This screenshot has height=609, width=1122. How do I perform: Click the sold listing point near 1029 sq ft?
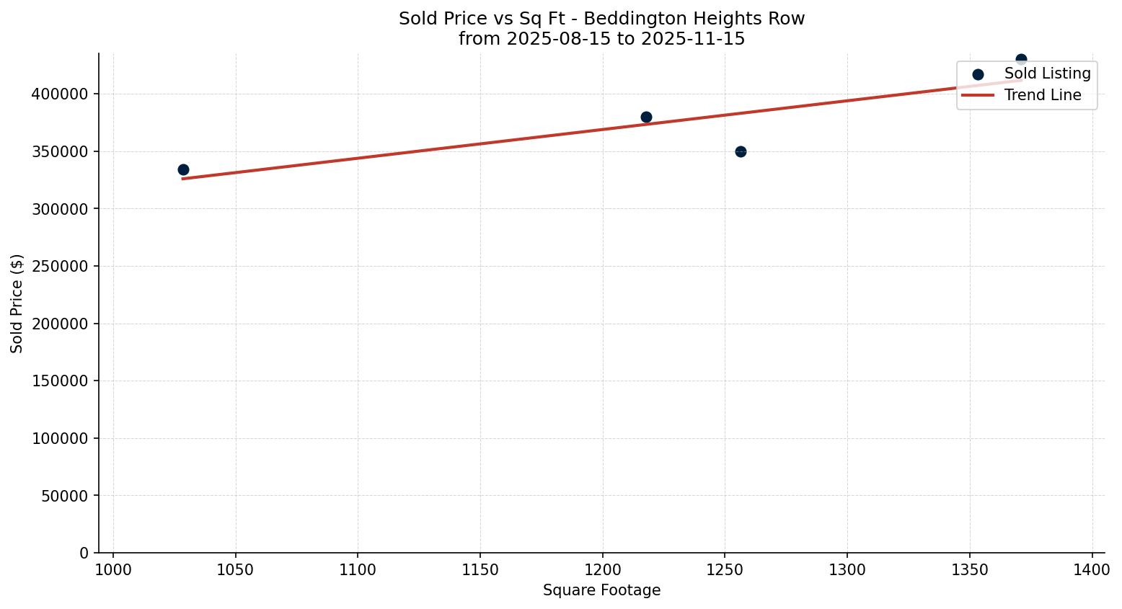click(x=183, y=170)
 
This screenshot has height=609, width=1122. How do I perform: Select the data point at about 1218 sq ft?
click(x=646, y=117)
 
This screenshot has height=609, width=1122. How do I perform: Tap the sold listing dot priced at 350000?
click(x=741, y=151)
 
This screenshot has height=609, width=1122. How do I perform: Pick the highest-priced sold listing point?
click(x=1021, y=60)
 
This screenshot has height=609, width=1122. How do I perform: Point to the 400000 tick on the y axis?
click(x=60, y=94)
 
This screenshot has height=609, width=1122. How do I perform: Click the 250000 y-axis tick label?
click(x=60, y=267)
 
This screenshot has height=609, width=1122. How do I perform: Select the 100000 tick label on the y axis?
click(x=60, y=439)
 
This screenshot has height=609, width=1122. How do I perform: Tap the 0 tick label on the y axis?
click(x=84, y=554)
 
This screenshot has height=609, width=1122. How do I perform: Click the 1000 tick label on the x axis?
click(x=113, y=570)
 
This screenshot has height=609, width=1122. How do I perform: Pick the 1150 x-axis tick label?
click(x=480, y=570)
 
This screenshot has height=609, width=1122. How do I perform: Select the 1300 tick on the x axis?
click(x=847, y=570)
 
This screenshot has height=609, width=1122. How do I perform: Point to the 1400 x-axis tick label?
click(x=1092, y=570)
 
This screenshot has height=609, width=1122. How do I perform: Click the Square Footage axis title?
click(x=601, y=591)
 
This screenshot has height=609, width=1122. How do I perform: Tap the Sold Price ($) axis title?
click(x=17, y=303)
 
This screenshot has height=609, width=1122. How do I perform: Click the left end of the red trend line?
click(x=183, y=178)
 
